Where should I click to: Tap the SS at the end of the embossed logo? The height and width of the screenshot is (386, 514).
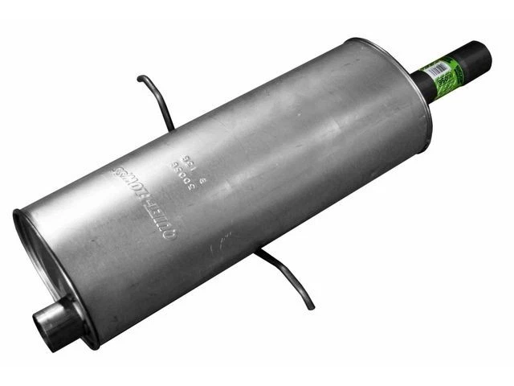pyautogui.click(x=120, y=173)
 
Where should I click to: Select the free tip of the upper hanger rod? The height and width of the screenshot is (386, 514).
pyautogui.click(x=140, y=78)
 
